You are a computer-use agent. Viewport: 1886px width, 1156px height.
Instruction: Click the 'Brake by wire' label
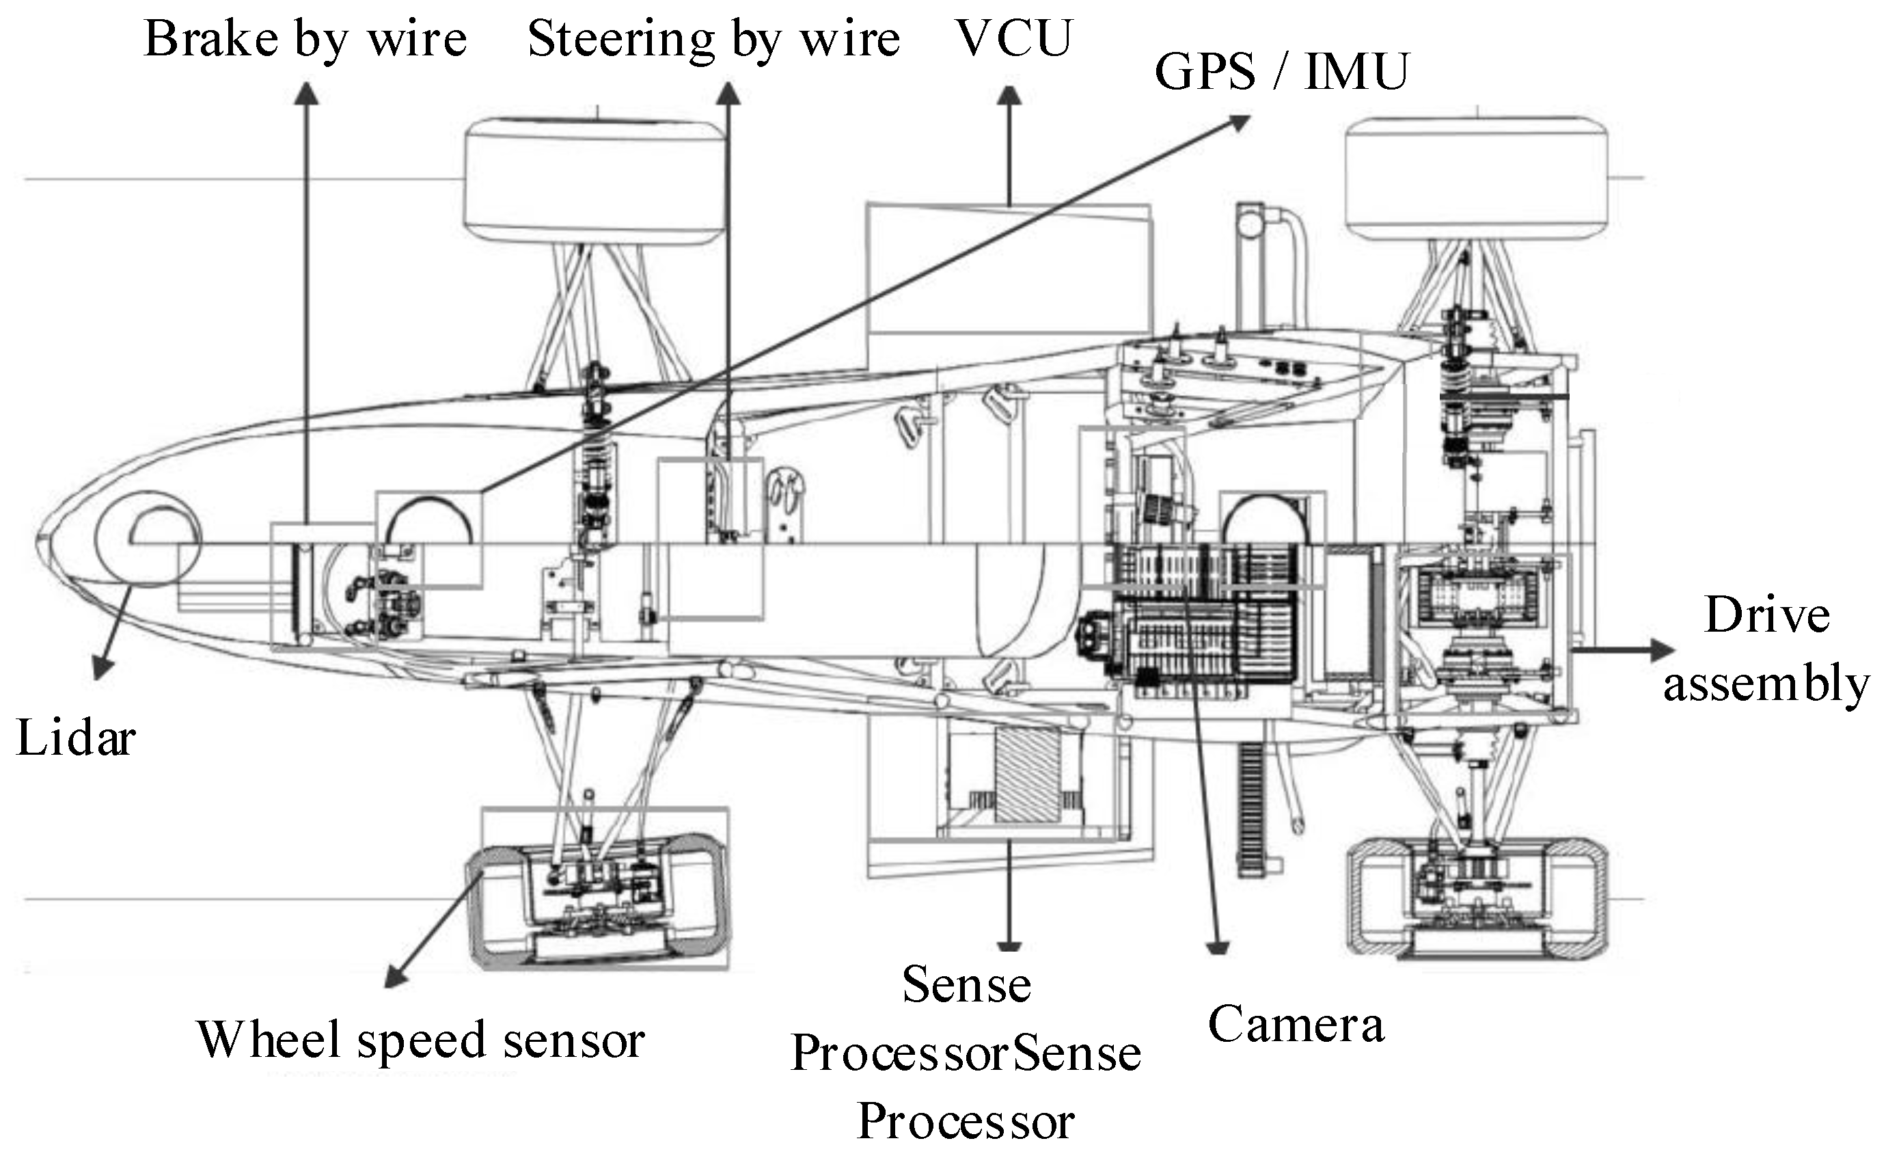(305, 40)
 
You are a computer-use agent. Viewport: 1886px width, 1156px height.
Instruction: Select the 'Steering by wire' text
(713, 40)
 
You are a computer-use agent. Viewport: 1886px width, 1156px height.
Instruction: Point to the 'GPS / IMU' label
(1281, 72)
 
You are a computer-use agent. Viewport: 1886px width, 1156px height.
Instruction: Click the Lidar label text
(75, 740)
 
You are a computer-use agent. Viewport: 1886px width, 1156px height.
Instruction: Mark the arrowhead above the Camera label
(1217, 947)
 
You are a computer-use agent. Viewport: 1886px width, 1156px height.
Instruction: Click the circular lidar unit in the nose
(148, 539)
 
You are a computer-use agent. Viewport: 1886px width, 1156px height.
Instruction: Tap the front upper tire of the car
(595, 180)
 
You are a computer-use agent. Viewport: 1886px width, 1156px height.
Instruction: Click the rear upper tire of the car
(1476, 179)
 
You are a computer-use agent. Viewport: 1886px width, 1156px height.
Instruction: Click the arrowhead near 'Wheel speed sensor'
(395, 978)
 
